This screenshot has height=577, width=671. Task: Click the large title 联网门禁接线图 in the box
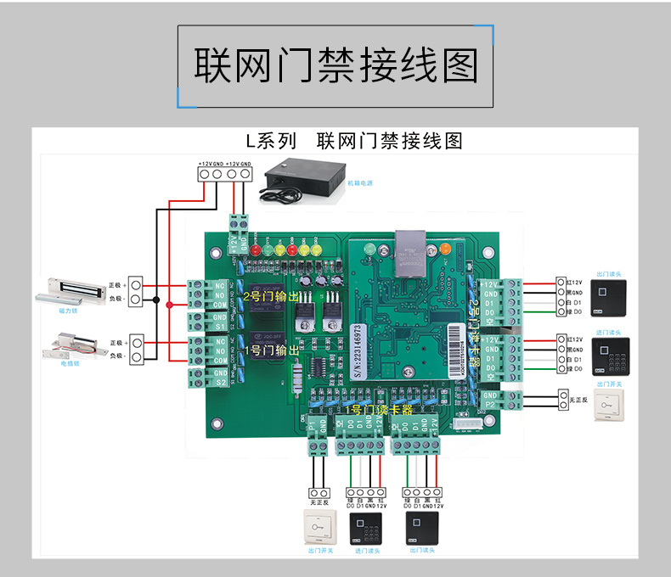pyautogui.click(x=335, y=65)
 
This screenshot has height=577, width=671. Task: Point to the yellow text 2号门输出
pyautogui.click(x=271, y=297)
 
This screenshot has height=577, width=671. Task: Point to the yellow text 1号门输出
pyautogui.click(x=271, y=350)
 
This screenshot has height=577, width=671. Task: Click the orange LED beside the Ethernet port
pyautogui.click(x=444, y=249)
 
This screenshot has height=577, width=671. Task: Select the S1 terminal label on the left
pyautogui.click(x=220, y=327)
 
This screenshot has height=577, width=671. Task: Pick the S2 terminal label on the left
pyautogui.click(x=219, y=382)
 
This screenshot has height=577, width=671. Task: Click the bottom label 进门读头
pyautogui.click(x=367, y=551)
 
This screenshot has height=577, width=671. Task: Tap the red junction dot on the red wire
pyautogui.click(x=169, y=305)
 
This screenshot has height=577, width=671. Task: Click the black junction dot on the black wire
pyautogui.click(x=155, y=299)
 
